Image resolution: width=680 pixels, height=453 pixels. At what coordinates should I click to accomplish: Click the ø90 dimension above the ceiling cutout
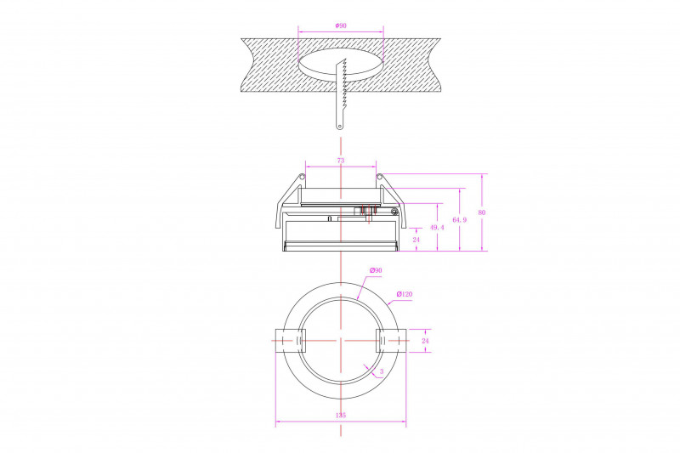click(x=341, y=25)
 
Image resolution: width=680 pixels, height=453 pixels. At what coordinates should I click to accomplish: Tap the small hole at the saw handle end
click(x=339, y=126)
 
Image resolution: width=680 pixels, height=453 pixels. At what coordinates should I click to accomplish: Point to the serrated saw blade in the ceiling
click(x=342, y=93)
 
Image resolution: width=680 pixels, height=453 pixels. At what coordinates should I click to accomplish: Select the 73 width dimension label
click(x=341, y=161)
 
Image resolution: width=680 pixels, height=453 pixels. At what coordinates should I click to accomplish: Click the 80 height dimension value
click(x=482, y=212)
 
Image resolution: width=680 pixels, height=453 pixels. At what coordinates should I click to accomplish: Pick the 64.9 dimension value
click(x=459, y=220)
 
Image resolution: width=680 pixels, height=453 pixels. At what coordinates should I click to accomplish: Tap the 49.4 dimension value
click(x=437, y=227)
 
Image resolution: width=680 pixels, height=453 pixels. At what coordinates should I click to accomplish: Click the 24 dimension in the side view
click(x=416, y=240)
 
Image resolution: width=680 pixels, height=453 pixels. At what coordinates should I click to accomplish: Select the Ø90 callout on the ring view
click(x=376, y=270)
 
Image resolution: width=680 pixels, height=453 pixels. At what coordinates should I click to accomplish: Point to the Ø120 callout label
click(x=405, y=294)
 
